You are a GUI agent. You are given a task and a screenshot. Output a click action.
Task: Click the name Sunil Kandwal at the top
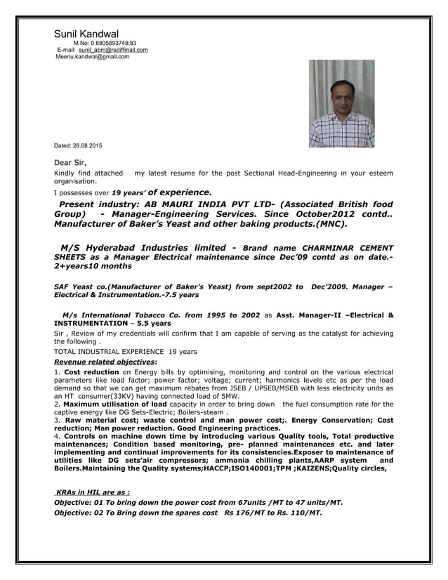(86, 34)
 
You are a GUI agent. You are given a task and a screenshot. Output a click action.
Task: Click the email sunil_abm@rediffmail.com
(113, 50)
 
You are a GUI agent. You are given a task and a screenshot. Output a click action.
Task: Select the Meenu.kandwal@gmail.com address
(92, 57)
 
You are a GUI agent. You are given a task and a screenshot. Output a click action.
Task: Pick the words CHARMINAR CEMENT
(348, 248)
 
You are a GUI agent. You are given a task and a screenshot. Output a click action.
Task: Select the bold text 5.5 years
(154, 324)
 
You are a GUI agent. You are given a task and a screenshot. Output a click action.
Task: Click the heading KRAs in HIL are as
(92, 492)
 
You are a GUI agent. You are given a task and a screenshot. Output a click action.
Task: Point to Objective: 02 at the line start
(79, 513)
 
